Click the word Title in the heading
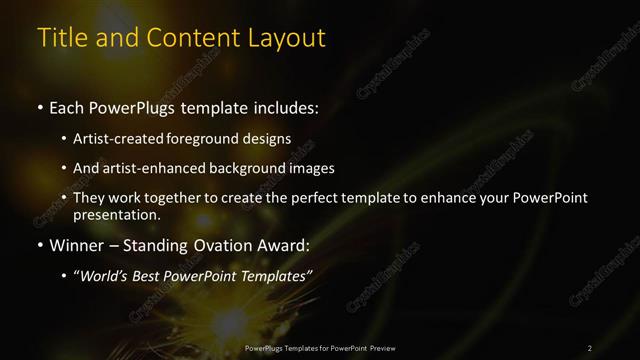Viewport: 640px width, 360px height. tap(59, 38)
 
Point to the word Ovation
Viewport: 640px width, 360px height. tap(225, 243)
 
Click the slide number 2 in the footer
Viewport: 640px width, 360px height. tap(590, 348)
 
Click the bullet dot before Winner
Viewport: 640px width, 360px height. tap(39, 244)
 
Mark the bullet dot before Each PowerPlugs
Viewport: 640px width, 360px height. tap(39, 107)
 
